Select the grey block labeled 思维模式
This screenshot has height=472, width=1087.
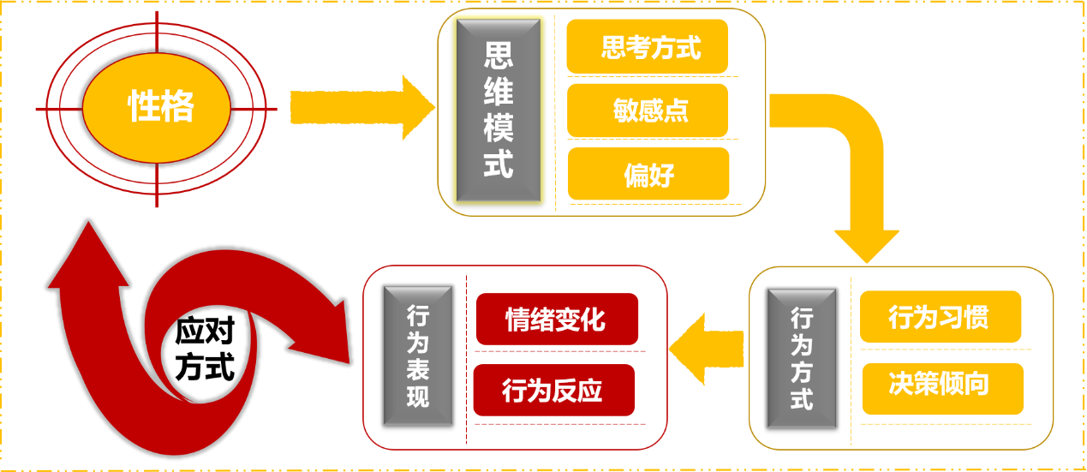point(499,111)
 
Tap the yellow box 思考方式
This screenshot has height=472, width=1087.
point(648,47)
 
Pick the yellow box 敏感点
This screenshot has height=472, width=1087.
point(648,111)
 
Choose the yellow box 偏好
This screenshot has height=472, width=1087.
point(648,174)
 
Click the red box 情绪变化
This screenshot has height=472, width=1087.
point(556,320)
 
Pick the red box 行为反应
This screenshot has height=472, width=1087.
point(553,391)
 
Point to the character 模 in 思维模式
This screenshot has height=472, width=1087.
point(499,129)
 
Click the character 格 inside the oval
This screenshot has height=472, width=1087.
point(178,107)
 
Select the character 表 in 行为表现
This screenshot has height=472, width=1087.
point(417,369)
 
